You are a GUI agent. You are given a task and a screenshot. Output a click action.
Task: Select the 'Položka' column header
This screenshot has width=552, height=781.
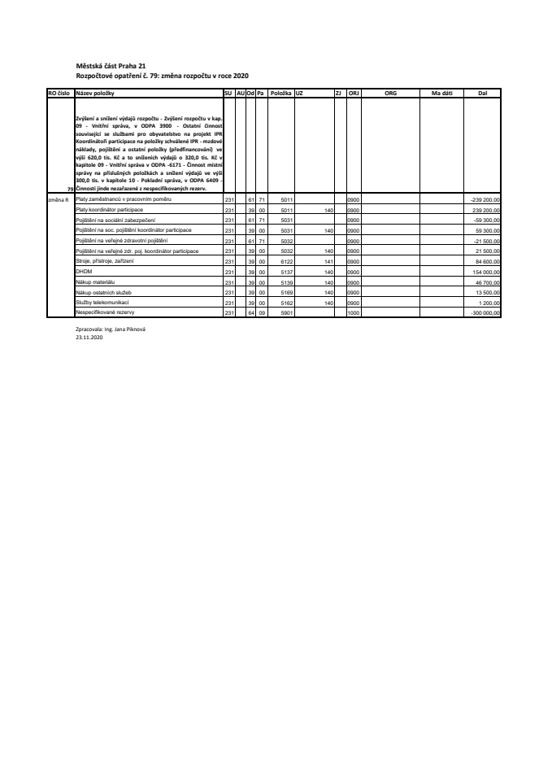281,94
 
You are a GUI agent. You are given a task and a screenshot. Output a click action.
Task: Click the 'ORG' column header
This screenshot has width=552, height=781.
390,94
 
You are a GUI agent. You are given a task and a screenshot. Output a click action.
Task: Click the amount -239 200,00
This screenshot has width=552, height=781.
487,199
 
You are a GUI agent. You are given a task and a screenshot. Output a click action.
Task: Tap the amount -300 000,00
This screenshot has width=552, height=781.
487,312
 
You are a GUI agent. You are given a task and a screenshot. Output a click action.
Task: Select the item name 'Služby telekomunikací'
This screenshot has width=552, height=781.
97,302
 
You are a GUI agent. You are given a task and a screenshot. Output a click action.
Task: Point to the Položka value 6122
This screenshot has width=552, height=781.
285,261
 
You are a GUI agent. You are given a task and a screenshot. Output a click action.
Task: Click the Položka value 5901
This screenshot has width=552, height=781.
285,312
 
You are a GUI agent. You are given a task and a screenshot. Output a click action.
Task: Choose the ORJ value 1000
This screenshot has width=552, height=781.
354,312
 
